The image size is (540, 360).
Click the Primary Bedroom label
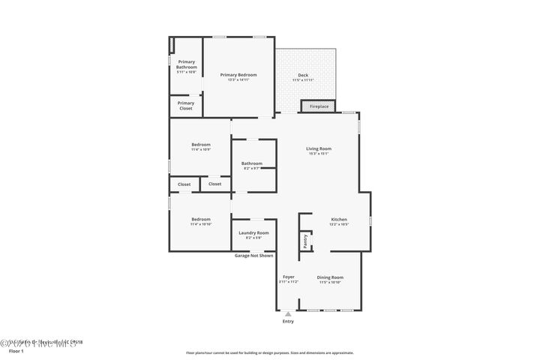click(238, 75)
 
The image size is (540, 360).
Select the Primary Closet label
click(186, 106)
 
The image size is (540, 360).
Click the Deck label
click(303, 75)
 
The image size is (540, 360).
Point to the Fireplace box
click(319, 106)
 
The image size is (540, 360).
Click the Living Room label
click(318, 148)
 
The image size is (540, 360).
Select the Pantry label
click(305, 241)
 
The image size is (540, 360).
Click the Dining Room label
click(329, 277)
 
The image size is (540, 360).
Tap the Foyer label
click(288, 277)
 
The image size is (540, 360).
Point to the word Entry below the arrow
click(288, 321)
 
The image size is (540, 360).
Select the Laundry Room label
click(253, 233)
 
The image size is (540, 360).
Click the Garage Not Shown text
click(253, 255)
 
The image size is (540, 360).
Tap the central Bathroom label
click(252, 163)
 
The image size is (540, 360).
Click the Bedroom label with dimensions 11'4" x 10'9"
click(200, 145)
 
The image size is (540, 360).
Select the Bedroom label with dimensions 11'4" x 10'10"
click(200, 219)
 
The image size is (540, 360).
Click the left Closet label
click(184, 184)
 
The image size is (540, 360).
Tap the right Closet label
click(214, 184)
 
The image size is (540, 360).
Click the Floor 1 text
click(16, 350)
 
